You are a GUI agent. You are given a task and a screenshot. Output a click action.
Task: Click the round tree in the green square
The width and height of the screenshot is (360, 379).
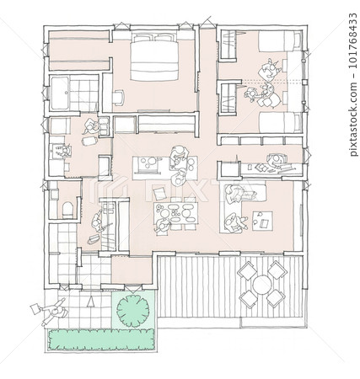[132, 310]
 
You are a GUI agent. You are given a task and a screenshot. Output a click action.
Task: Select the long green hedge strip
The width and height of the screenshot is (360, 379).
[102, 339]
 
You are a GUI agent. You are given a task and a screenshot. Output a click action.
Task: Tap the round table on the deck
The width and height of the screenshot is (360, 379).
[261, 285]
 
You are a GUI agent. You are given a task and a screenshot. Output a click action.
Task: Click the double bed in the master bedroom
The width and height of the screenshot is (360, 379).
[154, 57]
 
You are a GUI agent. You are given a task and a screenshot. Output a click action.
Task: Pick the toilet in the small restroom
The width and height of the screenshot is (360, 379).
[67, 210]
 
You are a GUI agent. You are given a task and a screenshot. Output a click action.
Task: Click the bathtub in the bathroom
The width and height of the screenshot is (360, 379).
[60, 93]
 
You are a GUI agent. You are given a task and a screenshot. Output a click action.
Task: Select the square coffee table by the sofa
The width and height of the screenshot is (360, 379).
[262, 221]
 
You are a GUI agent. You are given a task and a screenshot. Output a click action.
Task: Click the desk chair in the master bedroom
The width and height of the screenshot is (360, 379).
[119, 96]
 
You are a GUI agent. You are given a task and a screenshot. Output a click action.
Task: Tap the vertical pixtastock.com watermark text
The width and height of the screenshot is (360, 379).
[352, 84]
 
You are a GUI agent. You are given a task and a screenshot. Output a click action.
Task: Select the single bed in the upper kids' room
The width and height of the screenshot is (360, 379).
[280, 41]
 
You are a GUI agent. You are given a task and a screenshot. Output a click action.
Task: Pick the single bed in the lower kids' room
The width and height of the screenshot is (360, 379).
[281, 122]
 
